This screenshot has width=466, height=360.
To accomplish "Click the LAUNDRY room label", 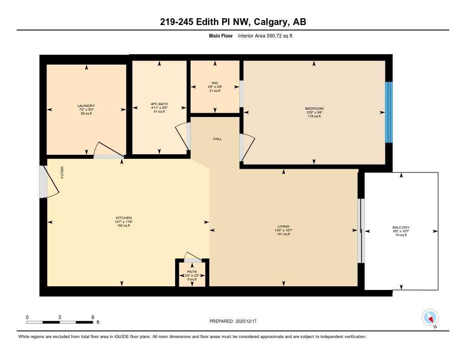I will point(86,106).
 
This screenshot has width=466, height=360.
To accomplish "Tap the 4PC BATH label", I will point(159,104).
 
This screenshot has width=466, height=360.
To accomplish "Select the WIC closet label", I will point(215,83).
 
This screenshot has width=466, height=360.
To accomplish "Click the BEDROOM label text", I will point(314,108).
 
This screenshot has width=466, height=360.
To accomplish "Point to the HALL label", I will point(218,139).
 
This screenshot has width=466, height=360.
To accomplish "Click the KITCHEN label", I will point(123,218).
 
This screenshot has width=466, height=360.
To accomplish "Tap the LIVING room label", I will point(284,227).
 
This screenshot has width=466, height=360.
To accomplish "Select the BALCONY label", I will point(401,228).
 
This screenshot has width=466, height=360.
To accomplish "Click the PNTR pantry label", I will point(192,272).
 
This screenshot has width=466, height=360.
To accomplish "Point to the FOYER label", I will point(62,172).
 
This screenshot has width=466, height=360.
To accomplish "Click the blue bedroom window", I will point(389,112).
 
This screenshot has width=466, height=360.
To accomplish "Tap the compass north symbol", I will point(430,317).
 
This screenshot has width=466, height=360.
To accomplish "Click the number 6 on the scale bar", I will point(93,317).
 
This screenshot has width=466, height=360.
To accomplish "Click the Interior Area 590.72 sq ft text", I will point(265,35).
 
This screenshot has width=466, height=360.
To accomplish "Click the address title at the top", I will point(233,22).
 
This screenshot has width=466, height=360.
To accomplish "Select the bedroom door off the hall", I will point(248,148).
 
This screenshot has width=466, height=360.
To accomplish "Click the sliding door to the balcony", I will point(361,231).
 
